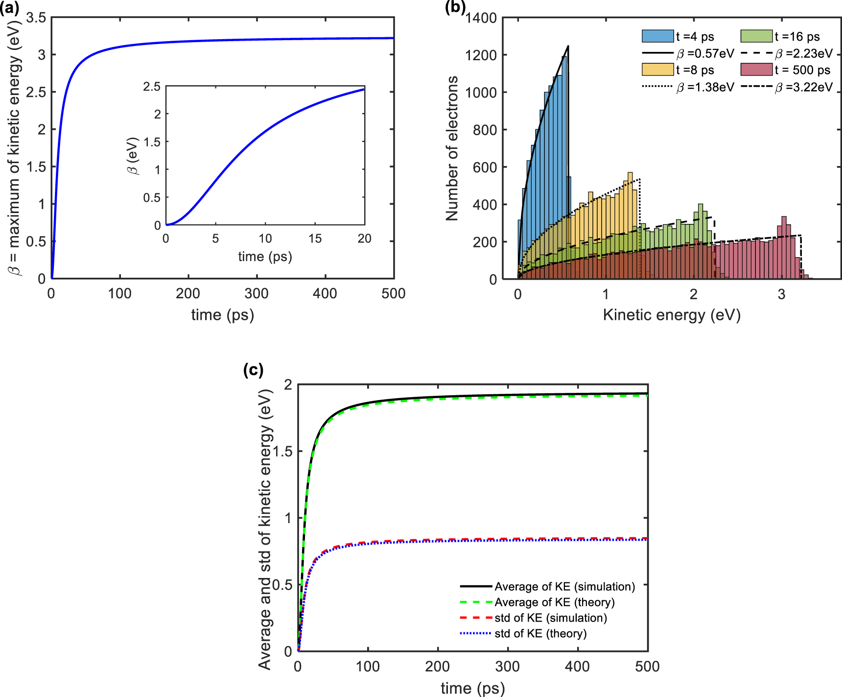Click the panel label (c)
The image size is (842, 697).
(253, 369)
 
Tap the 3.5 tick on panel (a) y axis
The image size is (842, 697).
(36, 18)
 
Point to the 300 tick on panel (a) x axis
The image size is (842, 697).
(257, 294)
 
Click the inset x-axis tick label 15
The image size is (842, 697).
(315, 239)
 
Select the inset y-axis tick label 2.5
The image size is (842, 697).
(152, 87)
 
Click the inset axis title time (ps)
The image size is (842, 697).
(265, 257)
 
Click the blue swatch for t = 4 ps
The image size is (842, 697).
(657, 36)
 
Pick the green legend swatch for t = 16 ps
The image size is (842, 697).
(756, 36)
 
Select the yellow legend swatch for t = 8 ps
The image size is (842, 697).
(657, 70)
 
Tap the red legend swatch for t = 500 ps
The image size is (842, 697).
(756, 70)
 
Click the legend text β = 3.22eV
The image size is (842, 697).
(803, 88)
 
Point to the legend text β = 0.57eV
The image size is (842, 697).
(705, 53)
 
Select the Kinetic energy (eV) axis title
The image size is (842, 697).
(672, 315)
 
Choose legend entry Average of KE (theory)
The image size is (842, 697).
(554, 602)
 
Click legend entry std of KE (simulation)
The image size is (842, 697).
(550, 618)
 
